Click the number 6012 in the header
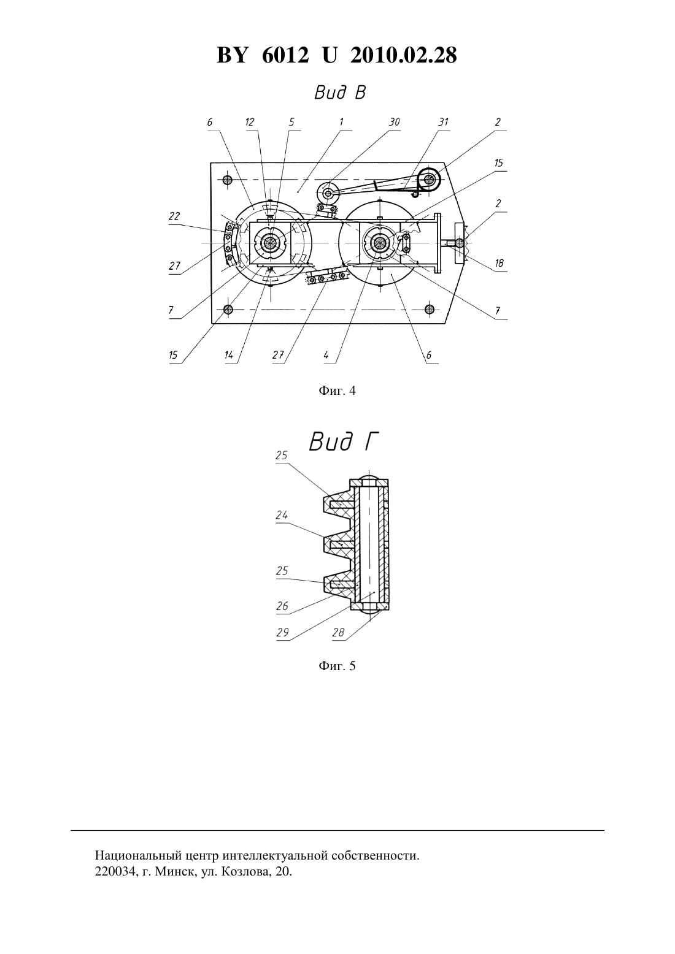[285, 55]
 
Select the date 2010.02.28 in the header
[403, 55]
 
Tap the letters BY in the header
[232, 55]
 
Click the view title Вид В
[339, 93]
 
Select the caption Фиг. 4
[337, 391]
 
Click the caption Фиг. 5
[337, 666]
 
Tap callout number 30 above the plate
[394, 122]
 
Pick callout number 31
[443, 122]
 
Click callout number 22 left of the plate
[174, 216]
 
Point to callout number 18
[499, 263]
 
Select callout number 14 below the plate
[229, 355]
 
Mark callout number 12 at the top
[250, 122]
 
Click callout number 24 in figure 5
[282, 516]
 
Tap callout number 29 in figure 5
[282, 633]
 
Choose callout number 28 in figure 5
[338, 633]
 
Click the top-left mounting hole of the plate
[228, 180]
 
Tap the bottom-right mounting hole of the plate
[430, 309]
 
